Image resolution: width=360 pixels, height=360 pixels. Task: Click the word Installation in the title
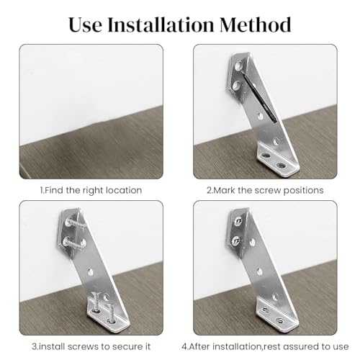[161, 24]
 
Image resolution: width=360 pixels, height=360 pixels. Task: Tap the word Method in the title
[256, 24]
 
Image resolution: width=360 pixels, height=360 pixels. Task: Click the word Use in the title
[85, 25]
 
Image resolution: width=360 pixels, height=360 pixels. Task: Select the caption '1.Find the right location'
[91, 190]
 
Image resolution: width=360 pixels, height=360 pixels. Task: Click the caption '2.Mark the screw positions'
[265, 190]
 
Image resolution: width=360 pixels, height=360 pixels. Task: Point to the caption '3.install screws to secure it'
[91, 346]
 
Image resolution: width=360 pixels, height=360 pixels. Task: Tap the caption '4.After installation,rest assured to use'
[265, 346]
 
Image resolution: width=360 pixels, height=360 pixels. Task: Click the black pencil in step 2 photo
[261, 99]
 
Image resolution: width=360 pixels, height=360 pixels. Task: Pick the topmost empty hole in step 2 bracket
[238, 66]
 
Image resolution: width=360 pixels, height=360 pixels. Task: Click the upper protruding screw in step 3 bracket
[76, 224]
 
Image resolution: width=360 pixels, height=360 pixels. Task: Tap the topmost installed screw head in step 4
[238, 221]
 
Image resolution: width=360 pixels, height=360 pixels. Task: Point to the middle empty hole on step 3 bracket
[90, 272]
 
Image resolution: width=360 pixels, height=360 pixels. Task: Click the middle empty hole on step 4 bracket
[259, 272]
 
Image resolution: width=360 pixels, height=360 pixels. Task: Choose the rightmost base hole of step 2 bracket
[281, 165]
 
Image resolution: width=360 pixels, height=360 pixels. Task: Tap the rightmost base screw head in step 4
[279, 320]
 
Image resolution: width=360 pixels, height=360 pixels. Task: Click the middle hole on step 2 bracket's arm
[261, 117]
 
